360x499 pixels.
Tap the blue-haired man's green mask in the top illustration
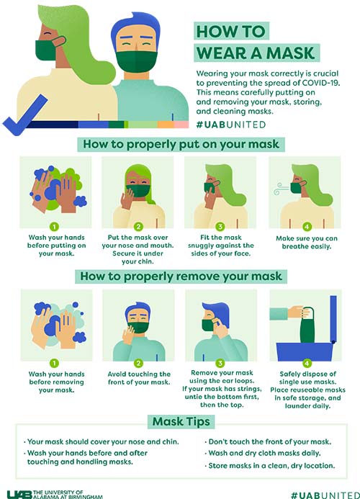(136, 61)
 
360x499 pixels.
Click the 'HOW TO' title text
(231, 31)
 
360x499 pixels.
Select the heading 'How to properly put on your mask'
(181, 144)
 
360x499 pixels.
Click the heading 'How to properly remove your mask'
(181, 277)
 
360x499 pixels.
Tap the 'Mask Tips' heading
(181, 421)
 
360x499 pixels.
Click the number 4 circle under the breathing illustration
(307, 227)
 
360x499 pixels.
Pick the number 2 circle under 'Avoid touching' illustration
(138, 363)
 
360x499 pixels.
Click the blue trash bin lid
(333, 319)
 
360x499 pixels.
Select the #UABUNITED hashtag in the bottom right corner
(325, 495)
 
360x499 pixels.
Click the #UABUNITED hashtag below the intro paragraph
(231, 125)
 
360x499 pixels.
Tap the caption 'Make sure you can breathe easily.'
(307, 242)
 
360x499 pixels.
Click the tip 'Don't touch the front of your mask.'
(268, 441)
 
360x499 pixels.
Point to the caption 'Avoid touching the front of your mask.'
(139, 378)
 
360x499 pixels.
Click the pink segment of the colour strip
(181, 125)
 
